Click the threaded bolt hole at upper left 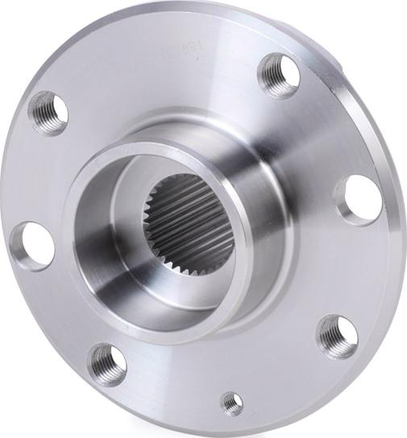pyautogui.click(x=48, y=112)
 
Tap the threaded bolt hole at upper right pyautogui.click(x=280, y=76)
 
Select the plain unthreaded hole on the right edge pyautogui.click(x=359, y=199)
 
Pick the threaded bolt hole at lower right pyautogui.click(x=336, y=335)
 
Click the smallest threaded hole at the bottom pyautogui.click(x=232, y=403)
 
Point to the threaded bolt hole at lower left pyautogui.click(x=107, y=364)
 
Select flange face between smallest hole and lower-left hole pyautogui.click(x=169, y=386)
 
